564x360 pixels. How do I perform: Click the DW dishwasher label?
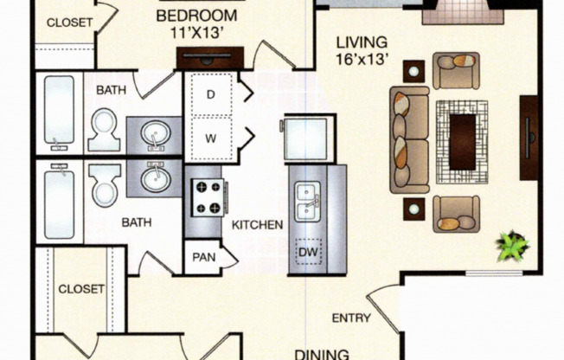[309, 252]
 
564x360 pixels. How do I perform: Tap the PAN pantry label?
[204, 257]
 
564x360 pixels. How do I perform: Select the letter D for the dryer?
[211, 94]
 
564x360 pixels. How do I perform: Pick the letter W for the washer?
[211, 138]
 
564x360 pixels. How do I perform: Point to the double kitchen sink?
[308, 202]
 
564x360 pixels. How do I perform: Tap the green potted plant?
[512, 247]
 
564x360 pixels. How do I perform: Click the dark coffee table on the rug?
[463, 142]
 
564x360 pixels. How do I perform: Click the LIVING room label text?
[362, 42]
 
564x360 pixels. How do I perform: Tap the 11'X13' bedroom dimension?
[197, 33]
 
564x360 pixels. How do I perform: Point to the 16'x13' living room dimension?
[362, 59]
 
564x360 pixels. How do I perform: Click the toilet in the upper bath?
[104, 130]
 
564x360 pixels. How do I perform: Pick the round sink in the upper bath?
[156, 133]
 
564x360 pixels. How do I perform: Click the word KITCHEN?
[257, 225]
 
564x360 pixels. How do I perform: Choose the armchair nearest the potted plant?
[456, 214]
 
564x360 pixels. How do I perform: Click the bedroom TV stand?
[210, 58]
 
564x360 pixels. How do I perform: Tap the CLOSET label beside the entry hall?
[81, 289]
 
